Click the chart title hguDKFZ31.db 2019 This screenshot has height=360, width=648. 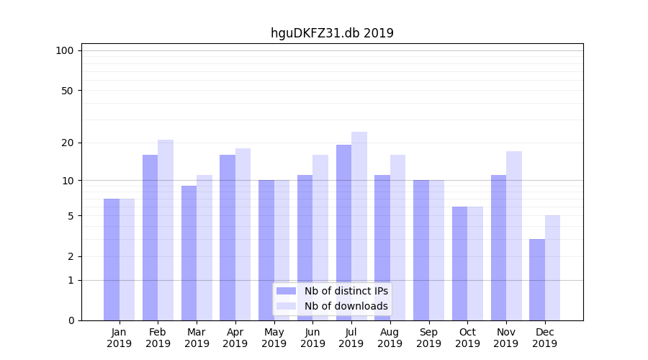tap(332, 33)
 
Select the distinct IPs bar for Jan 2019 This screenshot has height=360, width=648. tap(112, 259)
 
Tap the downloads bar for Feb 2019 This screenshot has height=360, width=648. tap(166, 230)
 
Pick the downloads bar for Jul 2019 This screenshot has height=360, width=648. tap(359, 226)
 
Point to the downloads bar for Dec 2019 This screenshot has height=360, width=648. tap(552, 268)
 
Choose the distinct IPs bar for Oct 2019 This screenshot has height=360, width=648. tap(459, 264)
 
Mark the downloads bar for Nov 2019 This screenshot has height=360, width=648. tap(514, 235)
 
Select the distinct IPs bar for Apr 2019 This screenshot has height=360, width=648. tap(228, 238)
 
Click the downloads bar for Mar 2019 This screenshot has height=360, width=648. tap(204, 248)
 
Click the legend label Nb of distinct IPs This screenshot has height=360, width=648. tap(346, 291)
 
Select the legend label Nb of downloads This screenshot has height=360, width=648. tap(346, 306)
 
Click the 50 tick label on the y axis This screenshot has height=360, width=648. tap(67, 91)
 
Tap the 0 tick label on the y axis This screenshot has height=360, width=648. tap(71, 320)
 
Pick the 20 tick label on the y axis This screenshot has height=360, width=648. tap(67, 143)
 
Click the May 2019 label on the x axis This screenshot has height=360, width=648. tap(274, 338)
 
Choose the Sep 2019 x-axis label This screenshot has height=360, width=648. tap(428, 338)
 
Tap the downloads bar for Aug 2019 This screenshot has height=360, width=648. tap(398, 238)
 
